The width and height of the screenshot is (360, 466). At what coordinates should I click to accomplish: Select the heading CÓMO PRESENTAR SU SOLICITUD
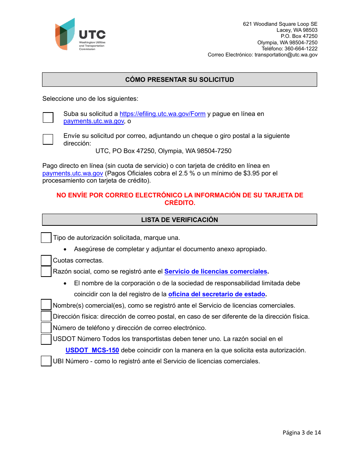click(179, 80)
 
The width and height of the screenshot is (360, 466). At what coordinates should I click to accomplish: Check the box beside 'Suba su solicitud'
click(48, 117)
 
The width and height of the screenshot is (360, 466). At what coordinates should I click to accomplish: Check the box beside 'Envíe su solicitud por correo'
click(48, 139)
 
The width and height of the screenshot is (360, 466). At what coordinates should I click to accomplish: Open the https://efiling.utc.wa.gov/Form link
click(163, 114)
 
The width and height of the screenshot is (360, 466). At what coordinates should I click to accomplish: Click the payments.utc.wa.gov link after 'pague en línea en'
click(94, 121)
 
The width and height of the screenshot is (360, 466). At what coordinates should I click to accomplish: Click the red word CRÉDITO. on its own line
click(180, 203)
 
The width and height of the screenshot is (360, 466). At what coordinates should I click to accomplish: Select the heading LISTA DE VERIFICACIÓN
click(179, 220)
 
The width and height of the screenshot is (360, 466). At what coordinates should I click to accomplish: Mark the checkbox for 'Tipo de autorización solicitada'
click(46, 238)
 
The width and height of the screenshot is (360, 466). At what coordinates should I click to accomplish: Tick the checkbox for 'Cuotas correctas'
click(46, 261)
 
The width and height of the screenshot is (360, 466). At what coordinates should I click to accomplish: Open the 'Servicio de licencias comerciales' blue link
click(216, 271)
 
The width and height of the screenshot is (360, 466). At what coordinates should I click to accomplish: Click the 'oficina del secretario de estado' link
click(216, 294)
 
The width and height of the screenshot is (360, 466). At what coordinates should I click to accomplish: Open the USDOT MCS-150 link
click(92, 350)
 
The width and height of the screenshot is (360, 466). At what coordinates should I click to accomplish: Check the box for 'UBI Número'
click(46, 361)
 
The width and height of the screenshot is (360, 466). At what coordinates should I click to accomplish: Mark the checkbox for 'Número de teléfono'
click(46, 328)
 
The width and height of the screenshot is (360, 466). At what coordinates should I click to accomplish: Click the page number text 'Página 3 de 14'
click(302, 432)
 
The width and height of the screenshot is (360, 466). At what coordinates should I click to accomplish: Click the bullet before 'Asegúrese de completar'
click(66, 249)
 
